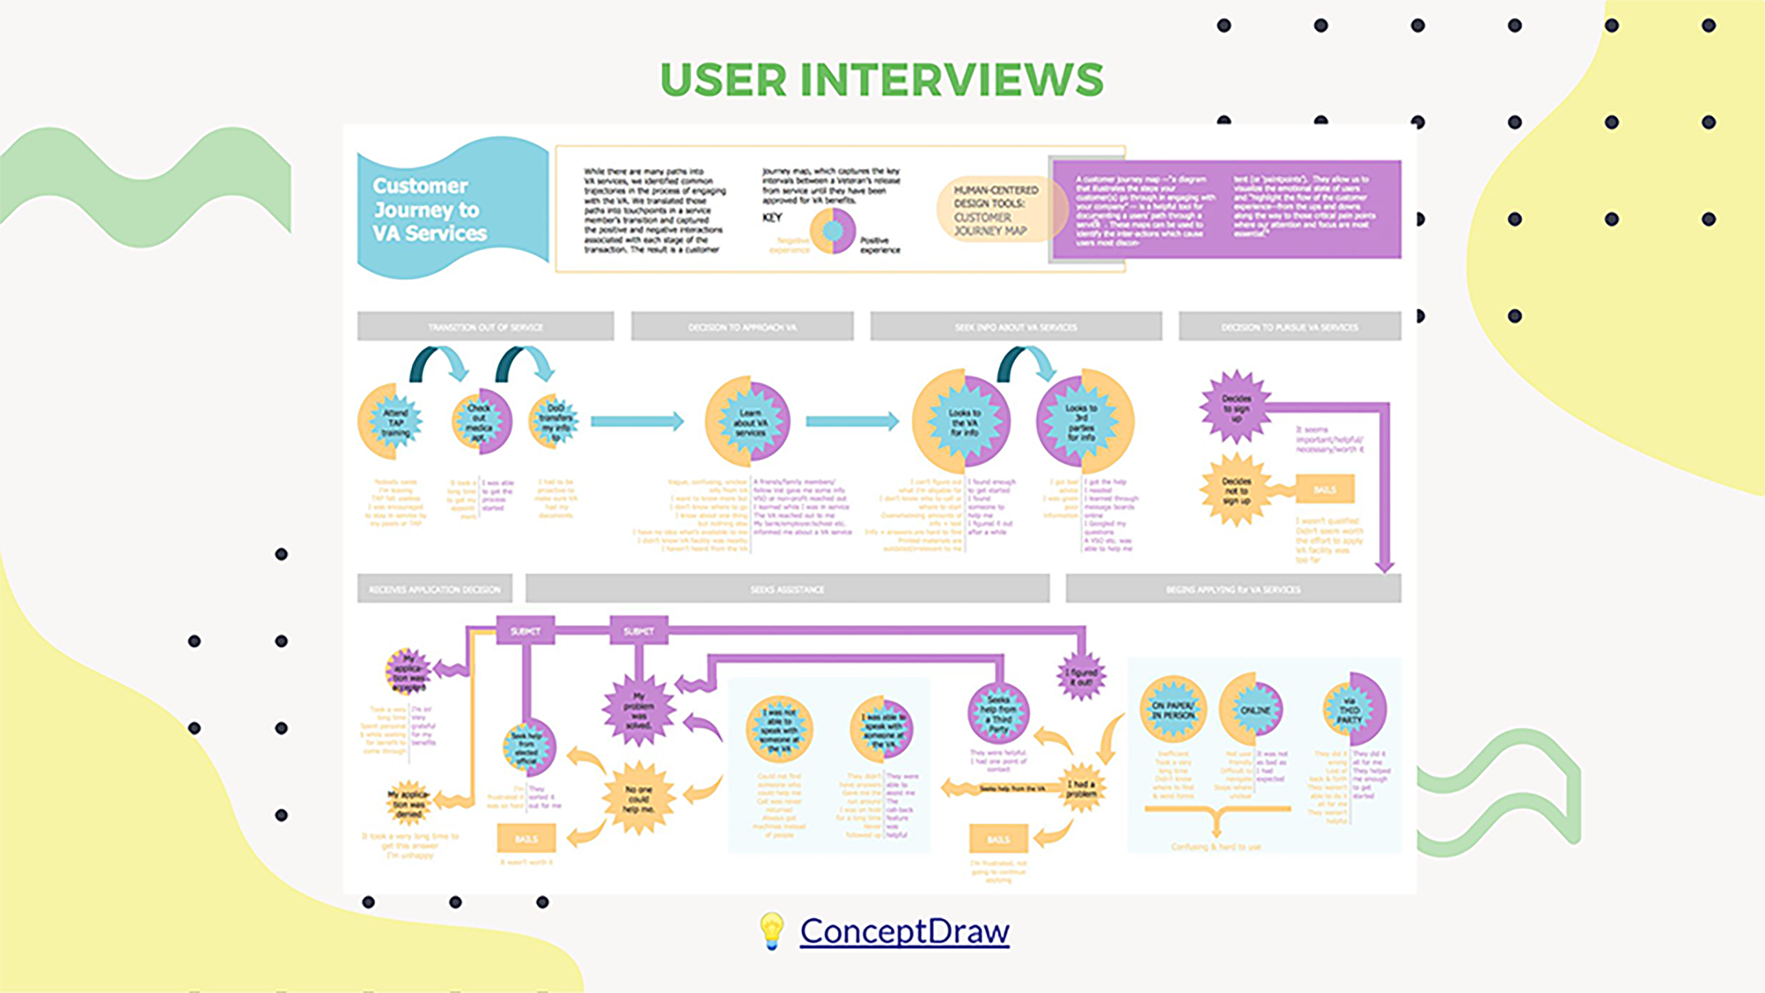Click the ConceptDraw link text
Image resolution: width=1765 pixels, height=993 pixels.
pyautogui.click(x=904, y=931)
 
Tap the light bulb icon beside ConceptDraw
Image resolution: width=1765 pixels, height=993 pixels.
pyautogui.click(x=771, y=931)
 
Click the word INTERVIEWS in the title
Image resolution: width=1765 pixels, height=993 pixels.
pyautogui.click(x=952, y=79)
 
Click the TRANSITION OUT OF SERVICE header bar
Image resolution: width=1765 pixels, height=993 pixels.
pyautogui.click(x=485, y=327)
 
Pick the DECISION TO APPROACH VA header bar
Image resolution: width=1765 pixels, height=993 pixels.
pyautogui.click(x=742, y=327)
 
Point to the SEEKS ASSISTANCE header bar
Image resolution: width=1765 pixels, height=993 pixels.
pyautogui.click(x=787, y=589)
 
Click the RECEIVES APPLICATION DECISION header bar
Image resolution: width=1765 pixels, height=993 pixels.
pyautogui.click(x=434, y=589)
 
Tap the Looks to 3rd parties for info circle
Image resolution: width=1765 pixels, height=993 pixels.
pyautogui.click(x=1084, y=421)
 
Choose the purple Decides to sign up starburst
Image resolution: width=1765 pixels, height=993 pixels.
pyautogui.click(x=1235, y=408)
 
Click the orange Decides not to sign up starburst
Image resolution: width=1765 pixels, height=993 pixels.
pyautogui.click(x=1235, y=490)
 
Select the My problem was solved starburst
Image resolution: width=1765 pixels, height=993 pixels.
pyautogui.click(x=638, y=710)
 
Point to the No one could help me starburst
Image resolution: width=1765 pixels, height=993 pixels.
pyautogui.click(x=638, y=798)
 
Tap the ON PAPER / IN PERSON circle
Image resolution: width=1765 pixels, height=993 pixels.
pyautogui.click(x=1173, y=710)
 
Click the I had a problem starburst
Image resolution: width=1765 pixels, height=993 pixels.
pyautogui.click(x=1081, y=788)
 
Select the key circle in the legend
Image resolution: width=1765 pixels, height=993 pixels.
pyautogui.click(x=832, y=231)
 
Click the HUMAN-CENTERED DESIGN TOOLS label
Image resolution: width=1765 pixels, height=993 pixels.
pyautogui.click(x=996, y=209)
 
